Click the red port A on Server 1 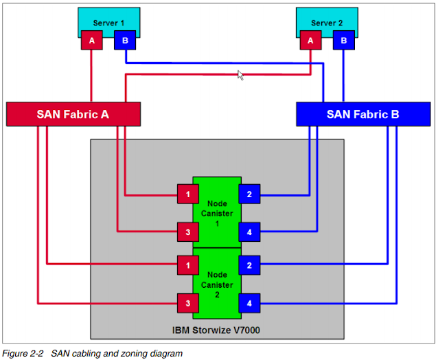pyautogui.click(x=91, y=41)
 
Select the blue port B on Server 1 pyautogui.click(x=124, y=41)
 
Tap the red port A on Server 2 pyautogui.click(x=311, y=41)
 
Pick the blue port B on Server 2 pyautogui.click(x=344, y=41)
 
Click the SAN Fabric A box pyautogui.click(x=73, y=114)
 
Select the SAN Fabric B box pyautogui.click(x=362, y=114)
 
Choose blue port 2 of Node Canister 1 pyautogui.click(x=249, y=194)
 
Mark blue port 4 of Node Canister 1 pyautogui.click(x=249, y=232)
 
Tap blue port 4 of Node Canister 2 pyautogui.click(x=249, y=302)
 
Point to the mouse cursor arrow pyautogui.click(x=240, y=74)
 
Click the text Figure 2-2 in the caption pyautogui.click(x=23, y=354)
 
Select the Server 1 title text pyautogui.click(x=108, y=23)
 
